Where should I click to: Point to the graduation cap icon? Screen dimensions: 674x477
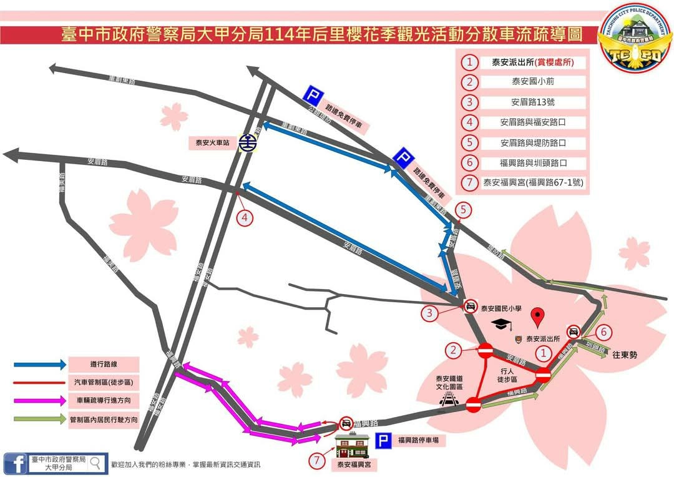500,323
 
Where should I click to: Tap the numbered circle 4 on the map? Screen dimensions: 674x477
246,217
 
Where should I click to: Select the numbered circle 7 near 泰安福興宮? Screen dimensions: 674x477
318,461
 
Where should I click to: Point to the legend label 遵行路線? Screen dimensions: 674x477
104,364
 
